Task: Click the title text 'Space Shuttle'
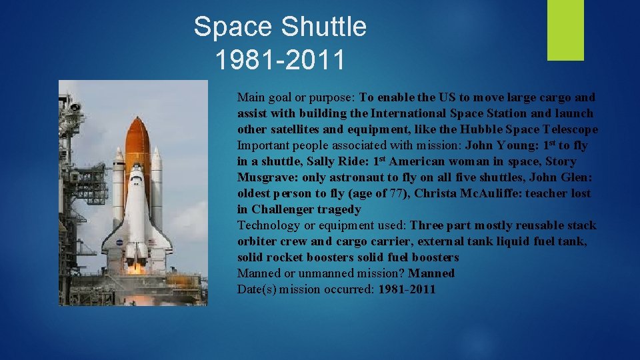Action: [280, 27]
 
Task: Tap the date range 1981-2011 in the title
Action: [280, 60]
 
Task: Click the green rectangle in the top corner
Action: [565, 30]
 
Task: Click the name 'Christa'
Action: [435, 193]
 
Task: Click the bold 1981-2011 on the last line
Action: [407, 289]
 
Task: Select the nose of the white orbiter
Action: [137, 172]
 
